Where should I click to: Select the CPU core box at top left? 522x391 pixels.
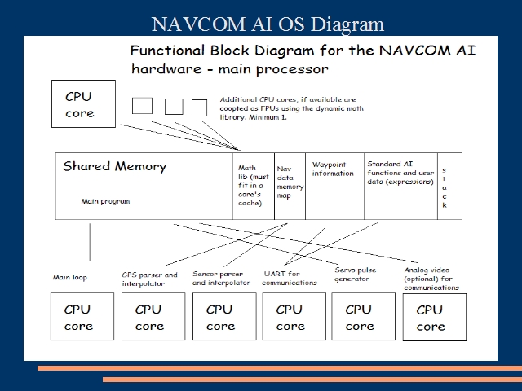79,104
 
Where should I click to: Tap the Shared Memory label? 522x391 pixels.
114,167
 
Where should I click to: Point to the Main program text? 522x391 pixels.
105,201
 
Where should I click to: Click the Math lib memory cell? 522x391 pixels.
254,187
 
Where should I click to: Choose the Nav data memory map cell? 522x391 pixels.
290,187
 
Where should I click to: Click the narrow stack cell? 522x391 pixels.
445,187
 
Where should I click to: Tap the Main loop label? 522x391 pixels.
71,278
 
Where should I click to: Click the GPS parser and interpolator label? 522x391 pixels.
149,279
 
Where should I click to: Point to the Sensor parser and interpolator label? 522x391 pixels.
222,279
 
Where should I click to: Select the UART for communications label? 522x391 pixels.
290,278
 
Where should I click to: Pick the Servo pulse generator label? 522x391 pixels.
357,274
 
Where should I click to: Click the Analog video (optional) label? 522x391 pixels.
431,279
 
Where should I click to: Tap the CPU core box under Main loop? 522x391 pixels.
79,317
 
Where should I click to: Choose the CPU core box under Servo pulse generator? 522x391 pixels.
360,317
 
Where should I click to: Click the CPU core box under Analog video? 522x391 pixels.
434,318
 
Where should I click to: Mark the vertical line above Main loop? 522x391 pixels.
90,241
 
